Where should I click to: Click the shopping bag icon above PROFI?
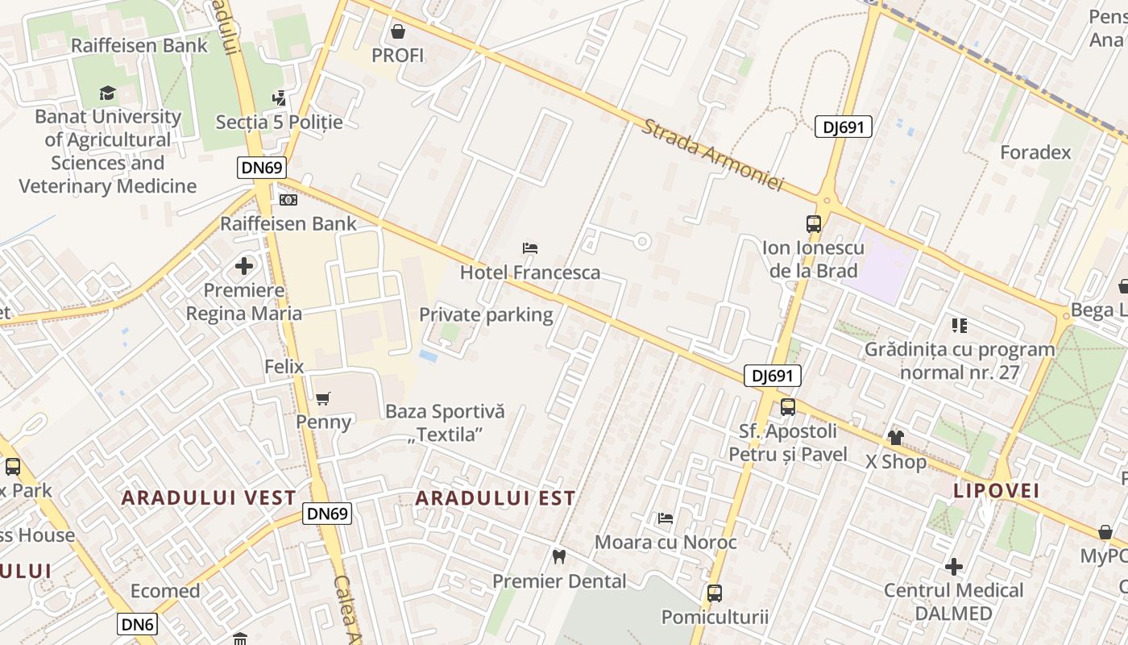pyautogui.click(x=397, y=32)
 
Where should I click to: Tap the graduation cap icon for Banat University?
pyautogui.click(x=107, y=94)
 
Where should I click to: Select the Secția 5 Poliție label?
pyautogui.click(x=279, y=123)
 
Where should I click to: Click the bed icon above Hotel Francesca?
pyautogui.click(x=530, y=248)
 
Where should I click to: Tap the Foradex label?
pyautogui.click(x=1035, y=152)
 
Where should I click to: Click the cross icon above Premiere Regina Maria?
pyautogui.click(x=244, y=265)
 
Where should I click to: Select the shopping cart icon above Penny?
pyautogui.click(x=323, y=398)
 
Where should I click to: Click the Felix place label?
pyautogui.click(x=284, y=367)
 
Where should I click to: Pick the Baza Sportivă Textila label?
pyautogui.click(x=445, y=422)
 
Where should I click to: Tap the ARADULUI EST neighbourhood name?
pyautogui.click(x=496, y=498)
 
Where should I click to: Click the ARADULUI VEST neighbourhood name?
pyautogui.click(x=209, y=497)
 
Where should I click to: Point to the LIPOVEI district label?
pyautogui.click(x=997, y=490)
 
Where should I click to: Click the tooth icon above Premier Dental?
pyautogui.click(x=559, y=556)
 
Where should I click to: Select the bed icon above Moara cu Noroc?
pyautogui.click(x=666, y=518)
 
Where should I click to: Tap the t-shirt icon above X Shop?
pyautogui.click(x=896, y=438)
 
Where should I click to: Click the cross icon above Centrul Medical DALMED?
pyautogui.click(x=954, y=567)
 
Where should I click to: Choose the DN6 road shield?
pyautogui.click(x=138, y=623)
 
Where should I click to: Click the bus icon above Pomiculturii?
pyautogui.click(x=714, y=593)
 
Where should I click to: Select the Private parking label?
pyautogui.click(x=486, y=314)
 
